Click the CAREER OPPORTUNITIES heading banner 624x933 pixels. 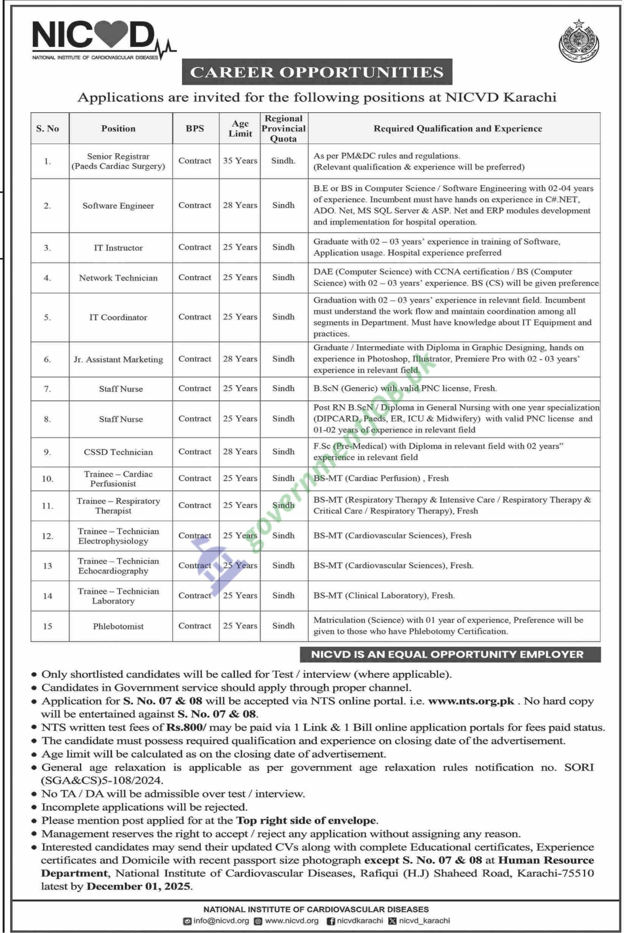click(317, 72)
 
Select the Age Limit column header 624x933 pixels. click(240, 129)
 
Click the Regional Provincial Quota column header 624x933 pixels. click(284, 129)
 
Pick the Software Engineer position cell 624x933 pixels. click(118, 206)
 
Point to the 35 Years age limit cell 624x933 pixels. click(240, 161)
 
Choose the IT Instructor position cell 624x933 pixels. click(118, 248)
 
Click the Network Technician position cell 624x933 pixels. click(118, 278)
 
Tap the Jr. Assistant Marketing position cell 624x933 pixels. click(118, 359)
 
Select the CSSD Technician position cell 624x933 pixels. click(118, 452)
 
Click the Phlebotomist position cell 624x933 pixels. click(118, 626)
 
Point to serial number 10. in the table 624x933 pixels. click(47, 479)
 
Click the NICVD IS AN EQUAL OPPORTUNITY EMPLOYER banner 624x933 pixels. click(447, 654)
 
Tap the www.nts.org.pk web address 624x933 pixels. click(471, 701)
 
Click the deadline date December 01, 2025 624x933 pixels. click(139, 887)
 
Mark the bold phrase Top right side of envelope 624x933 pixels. click(307, 820)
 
